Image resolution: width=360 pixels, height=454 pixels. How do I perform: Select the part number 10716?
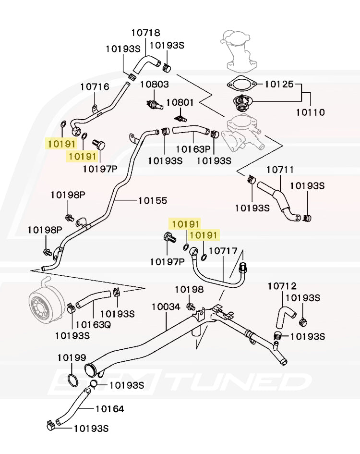tap(95, 87)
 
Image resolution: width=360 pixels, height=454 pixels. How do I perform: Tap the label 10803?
tap(154, 85)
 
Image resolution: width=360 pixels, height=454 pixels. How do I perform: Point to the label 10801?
tap(180, 102)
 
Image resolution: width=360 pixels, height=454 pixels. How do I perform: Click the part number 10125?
tap(278, 85)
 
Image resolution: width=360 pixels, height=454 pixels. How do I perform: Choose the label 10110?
tap(310, 112)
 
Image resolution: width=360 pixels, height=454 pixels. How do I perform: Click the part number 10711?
tap(280, 170)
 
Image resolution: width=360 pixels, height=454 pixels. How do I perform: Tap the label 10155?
tap(153, 200)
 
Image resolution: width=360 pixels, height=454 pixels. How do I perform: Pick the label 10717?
tap(223, 251)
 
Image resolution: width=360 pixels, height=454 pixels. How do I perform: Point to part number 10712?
tap(282, 286)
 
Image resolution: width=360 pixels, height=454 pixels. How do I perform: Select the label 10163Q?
tap(93, 324)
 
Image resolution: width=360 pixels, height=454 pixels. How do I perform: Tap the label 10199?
tap(72, 357)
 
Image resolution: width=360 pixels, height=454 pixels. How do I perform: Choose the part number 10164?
tap(109, 409)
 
